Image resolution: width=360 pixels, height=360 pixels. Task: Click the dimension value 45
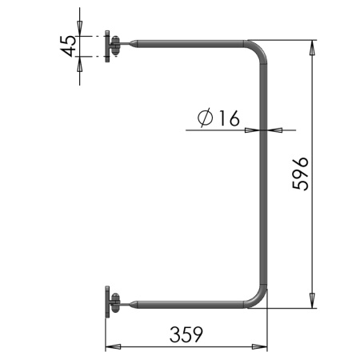pos(68,46)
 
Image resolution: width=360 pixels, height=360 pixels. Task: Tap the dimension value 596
pos(301,174)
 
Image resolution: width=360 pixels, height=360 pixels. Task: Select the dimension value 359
pos(186,334)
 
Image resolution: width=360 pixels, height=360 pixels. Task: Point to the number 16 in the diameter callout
pos(230,118)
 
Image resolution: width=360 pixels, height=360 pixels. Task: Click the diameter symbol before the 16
pos(206,118)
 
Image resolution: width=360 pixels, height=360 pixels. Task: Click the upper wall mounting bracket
pos(112,46)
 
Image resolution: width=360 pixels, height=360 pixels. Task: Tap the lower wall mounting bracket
pos(112,302)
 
